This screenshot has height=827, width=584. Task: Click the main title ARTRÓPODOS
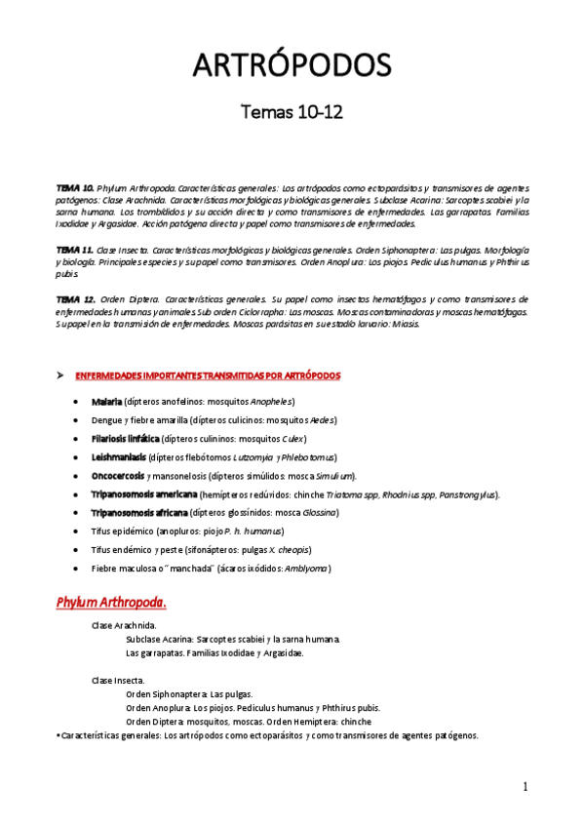pyautogui.click(x=292, y=65)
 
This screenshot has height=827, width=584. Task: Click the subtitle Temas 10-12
pyautogui.click(x=292, y=114)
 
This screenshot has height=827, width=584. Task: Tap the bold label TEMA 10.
pyautogui.click(x=74, y=186)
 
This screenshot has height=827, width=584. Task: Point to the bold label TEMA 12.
pyautogui.click(x=74, y=298)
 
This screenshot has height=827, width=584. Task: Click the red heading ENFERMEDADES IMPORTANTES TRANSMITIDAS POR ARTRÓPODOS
pyautogui.click(x=208, y=375)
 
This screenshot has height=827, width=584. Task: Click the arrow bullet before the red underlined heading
pyautogui.click(x=60, y=375)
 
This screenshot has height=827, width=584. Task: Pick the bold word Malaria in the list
pyautogui.click(x=106, y=402)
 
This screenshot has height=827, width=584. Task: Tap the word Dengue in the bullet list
pyautogui.click(x=108, y=420)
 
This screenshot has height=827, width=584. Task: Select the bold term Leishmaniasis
pyautogui.click(x=119, y=457)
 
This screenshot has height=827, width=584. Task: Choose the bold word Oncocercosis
pyautogui.click(x=118, y=476)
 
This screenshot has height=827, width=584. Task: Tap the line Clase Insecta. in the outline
pyautogui.click(x=118, y=680)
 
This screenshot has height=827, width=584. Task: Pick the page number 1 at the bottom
pyautogui.click(x=525, y=788)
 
